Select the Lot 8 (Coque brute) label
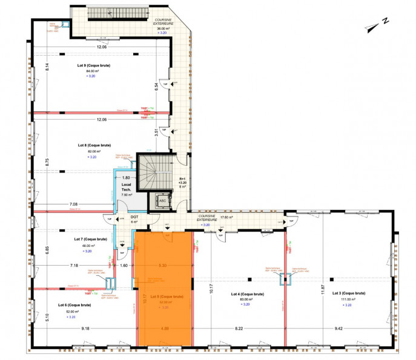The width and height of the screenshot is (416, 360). pyautogui.click(x=94, y=145)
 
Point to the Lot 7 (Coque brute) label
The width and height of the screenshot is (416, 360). pyautogui.click(x=90, y=239)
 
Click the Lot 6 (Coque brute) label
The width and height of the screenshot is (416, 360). pyautogui.click(x=74, y=305)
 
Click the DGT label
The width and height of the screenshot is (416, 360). pyautogui.click(x=134, y=216)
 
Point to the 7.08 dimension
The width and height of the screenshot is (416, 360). pyautogui.click(x=73, y=204)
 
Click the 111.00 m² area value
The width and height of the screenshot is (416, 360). pyautogui.click(x=346, y=299)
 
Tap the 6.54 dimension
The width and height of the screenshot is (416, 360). pyautogui.click(x=157, y=87)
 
